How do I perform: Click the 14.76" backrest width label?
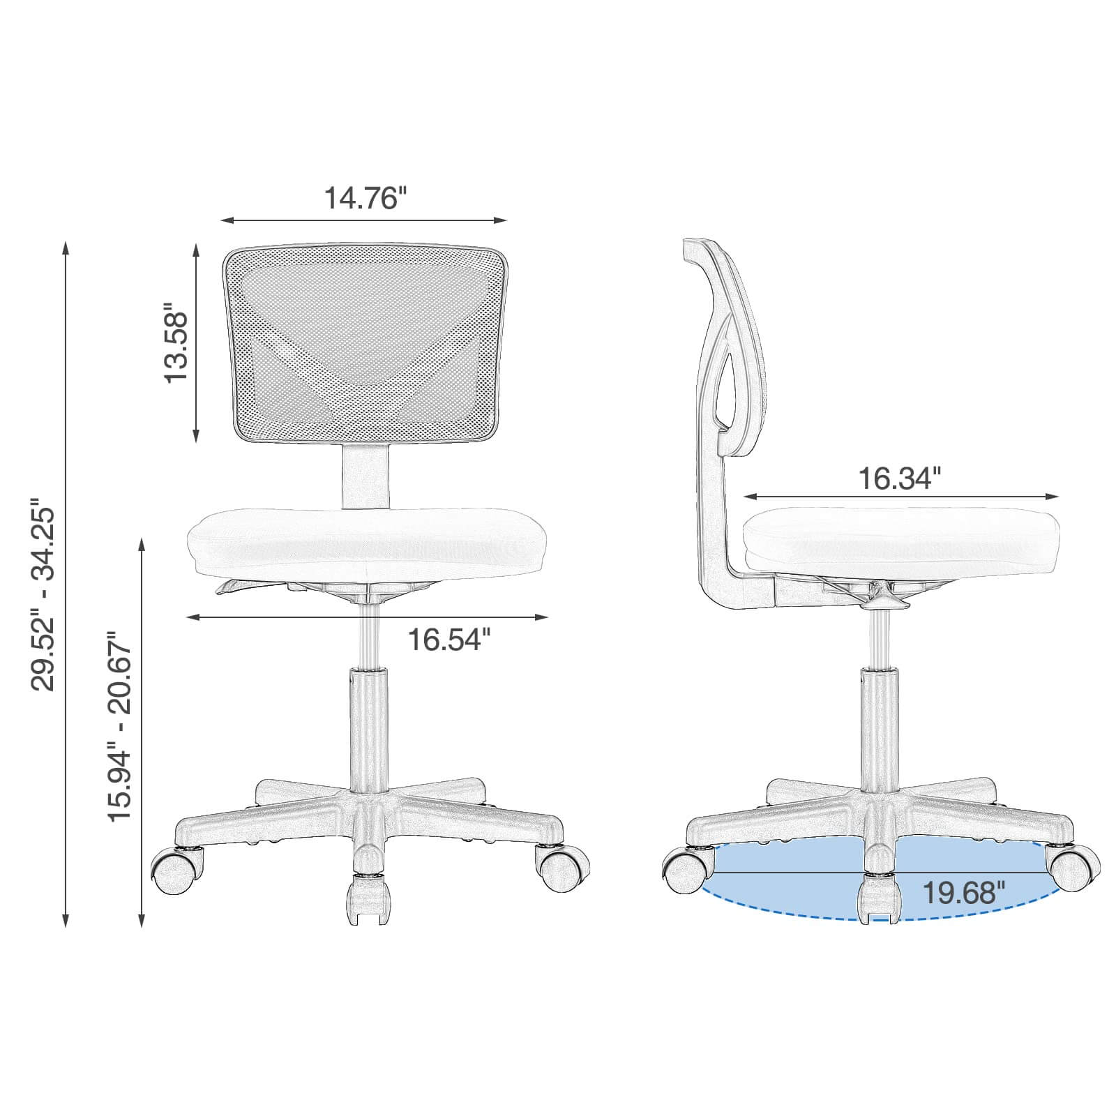click(x=364, y=198)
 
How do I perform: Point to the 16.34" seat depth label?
click(x=899, y=478)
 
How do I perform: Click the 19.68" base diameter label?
click(x=963, y=891)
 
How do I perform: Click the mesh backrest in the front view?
click(x=365, y=343)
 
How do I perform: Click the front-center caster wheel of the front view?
click(x=366, y=900)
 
